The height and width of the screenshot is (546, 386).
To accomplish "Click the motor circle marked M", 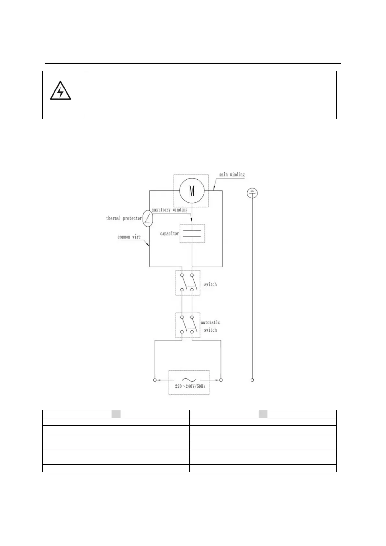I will (x=192, y=191).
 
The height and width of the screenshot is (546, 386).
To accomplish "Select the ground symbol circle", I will (x=252, y=193).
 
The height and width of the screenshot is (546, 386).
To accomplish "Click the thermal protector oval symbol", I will (x=148, y=219).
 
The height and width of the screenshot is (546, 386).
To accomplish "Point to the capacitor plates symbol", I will (x=192, y=233).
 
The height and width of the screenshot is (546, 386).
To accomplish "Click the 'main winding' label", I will (x=232, y=175).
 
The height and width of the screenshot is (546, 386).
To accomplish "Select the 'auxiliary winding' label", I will (x=170, y=210).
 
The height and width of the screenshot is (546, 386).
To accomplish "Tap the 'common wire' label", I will (x=129, y=237).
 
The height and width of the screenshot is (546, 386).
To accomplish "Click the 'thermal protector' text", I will (x=124, y=218).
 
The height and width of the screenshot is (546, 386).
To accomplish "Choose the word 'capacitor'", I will (x=169, y=233).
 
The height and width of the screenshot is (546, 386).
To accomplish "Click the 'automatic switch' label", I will (x=210, y=326).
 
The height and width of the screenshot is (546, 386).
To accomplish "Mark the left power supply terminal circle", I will (x=155, y=380).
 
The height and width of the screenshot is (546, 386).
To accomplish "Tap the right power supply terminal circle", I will (x=221, y=380).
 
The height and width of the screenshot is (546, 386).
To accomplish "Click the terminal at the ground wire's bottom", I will (x=252, y=380).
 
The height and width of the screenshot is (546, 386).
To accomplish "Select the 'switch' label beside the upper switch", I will (x=210, y=284).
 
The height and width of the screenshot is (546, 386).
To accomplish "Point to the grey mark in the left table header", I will (x=116, y=413).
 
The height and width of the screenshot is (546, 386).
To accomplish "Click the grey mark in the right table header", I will (x=263, y=413).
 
